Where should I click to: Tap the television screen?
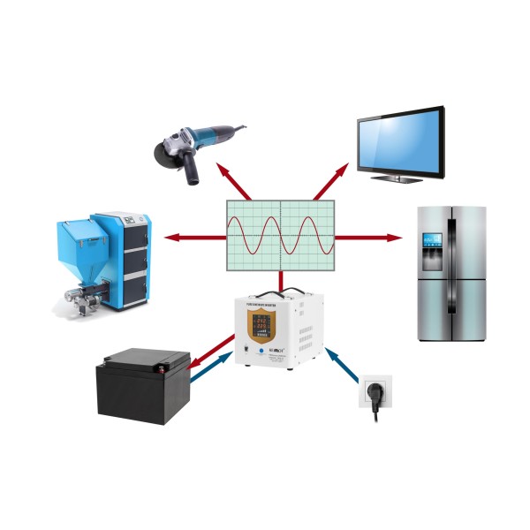399,140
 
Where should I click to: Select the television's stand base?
397,178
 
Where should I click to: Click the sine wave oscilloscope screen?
281,235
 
